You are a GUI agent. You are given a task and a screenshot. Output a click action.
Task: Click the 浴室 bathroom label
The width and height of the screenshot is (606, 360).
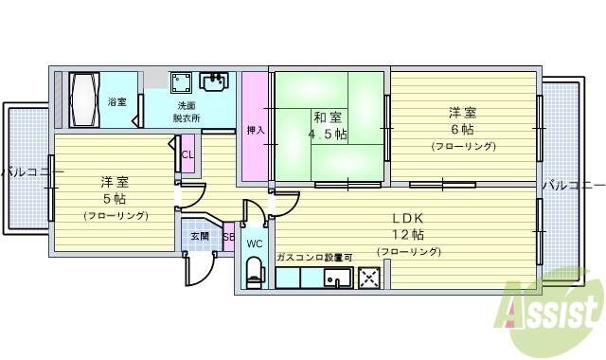tap(117, 101)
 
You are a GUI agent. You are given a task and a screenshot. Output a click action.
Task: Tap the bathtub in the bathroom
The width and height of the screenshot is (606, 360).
tap(81, 99)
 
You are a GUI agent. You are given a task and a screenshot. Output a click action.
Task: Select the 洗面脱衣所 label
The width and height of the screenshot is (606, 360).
tap(186, 112)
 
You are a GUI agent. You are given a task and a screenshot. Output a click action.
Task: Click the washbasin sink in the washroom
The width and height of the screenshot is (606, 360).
tap(213, 82)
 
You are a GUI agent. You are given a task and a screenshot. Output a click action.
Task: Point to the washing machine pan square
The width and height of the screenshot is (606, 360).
tap(181, 82)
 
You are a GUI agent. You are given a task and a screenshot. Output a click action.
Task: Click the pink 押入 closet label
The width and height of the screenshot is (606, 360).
tap(255, 130)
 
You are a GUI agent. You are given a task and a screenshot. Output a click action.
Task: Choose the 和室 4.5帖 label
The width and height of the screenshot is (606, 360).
tap(328, 126)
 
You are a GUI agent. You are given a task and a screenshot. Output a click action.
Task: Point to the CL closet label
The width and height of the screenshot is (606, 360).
tap(187, 154)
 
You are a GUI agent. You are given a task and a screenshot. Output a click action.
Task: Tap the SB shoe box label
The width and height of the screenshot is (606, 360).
tap(228, 237)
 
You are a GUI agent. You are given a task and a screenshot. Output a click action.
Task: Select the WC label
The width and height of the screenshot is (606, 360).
tap(254, 243)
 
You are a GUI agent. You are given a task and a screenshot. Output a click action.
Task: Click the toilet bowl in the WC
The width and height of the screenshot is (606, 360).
tap(254, 274)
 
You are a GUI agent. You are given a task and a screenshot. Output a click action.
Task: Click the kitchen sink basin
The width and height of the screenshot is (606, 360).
tap(337, 278)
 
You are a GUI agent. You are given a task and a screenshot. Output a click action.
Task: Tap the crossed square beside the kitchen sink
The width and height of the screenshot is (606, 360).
tap(368, 278)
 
